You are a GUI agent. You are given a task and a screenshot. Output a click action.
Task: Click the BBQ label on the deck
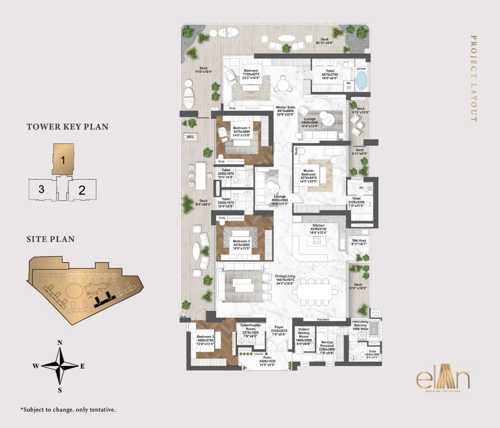coord(190,137)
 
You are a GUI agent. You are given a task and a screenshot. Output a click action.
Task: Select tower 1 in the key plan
coord(63,160)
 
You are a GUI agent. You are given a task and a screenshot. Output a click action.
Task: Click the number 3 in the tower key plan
coord(41,189)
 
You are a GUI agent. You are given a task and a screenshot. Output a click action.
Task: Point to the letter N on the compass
coord(60,342)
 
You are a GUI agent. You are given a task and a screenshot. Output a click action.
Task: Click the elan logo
coord(443,380)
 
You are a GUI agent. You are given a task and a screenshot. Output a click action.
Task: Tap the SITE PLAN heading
coord(51,239)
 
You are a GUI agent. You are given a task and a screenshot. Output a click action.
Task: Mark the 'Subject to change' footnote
coord(68,410)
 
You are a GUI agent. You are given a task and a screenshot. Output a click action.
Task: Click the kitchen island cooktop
coord(317,240)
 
